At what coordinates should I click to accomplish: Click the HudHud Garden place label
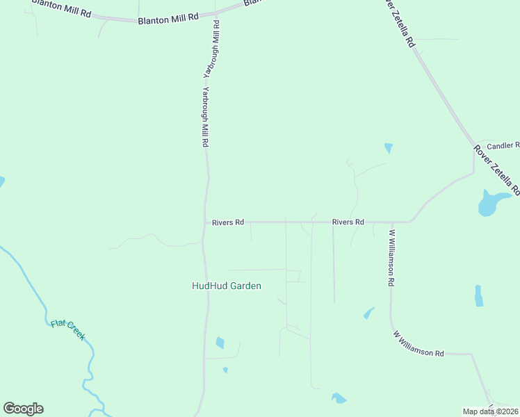227,286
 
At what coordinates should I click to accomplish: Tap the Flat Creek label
68,329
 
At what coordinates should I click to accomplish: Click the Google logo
23,409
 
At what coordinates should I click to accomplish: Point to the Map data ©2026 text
490,411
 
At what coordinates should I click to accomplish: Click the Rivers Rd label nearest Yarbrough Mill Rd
229,222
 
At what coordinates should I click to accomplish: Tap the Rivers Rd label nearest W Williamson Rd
348,222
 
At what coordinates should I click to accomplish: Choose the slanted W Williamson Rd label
419,345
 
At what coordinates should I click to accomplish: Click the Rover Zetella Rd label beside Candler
496,170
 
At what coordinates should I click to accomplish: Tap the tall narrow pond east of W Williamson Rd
478,296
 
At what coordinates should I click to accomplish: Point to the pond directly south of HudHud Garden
220,343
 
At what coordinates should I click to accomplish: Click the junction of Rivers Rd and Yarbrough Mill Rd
205,222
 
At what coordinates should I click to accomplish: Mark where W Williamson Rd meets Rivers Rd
391,222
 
